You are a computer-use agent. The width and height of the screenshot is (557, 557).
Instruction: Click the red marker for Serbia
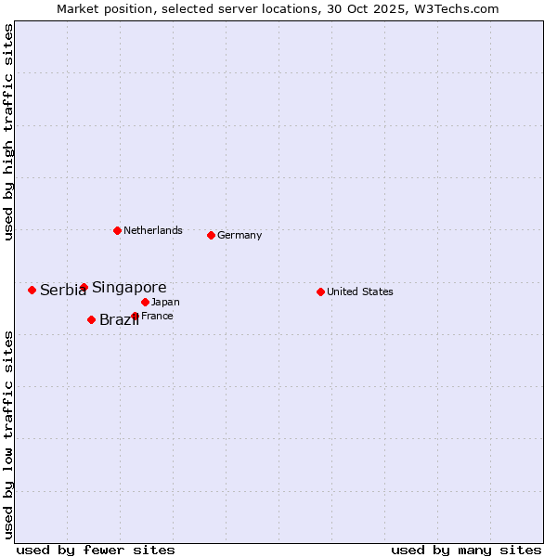(x=32, y=290)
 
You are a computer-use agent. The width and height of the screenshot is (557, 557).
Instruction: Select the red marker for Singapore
(x=84, y=287)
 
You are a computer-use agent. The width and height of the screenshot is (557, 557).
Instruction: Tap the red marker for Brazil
(x=91, y=319)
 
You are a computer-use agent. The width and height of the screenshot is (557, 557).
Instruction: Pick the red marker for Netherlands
(x=117, y=230)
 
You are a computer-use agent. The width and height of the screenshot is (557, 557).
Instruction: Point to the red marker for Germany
(x=211, y=235)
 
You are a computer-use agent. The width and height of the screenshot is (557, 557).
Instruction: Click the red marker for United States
(x=320, y=291)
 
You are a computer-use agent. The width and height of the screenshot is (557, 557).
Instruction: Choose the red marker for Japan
(x=145, y=302)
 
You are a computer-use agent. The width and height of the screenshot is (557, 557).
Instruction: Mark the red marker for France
(x=135, y=316)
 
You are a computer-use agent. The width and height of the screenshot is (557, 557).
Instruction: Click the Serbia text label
(x=62, y=291)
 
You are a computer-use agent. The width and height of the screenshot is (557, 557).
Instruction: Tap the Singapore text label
(x=129, y=288)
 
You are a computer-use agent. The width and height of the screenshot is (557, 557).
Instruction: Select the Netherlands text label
(x=153, y=231)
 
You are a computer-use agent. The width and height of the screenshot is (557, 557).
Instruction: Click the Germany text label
(x=240, y=236)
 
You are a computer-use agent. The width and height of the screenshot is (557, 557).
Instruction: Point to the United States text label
(x=360, y=292)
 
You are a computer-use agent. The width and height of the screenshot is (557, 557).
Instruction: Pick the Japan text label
(x=165, y=303)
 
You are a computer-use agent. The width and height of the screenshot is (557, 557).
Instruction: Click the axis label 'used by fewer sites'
(x=96, y=550)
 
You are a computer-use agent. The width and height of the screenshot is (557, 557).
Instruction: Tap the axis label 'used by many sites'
(x=466, y=550)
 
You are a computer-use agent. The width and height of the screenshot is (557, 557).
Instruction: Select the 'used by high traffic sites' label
(x=8, y=132)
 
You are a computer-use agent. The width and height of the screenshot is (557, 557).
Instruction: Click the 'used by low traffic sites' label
(x=8, y=434)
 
